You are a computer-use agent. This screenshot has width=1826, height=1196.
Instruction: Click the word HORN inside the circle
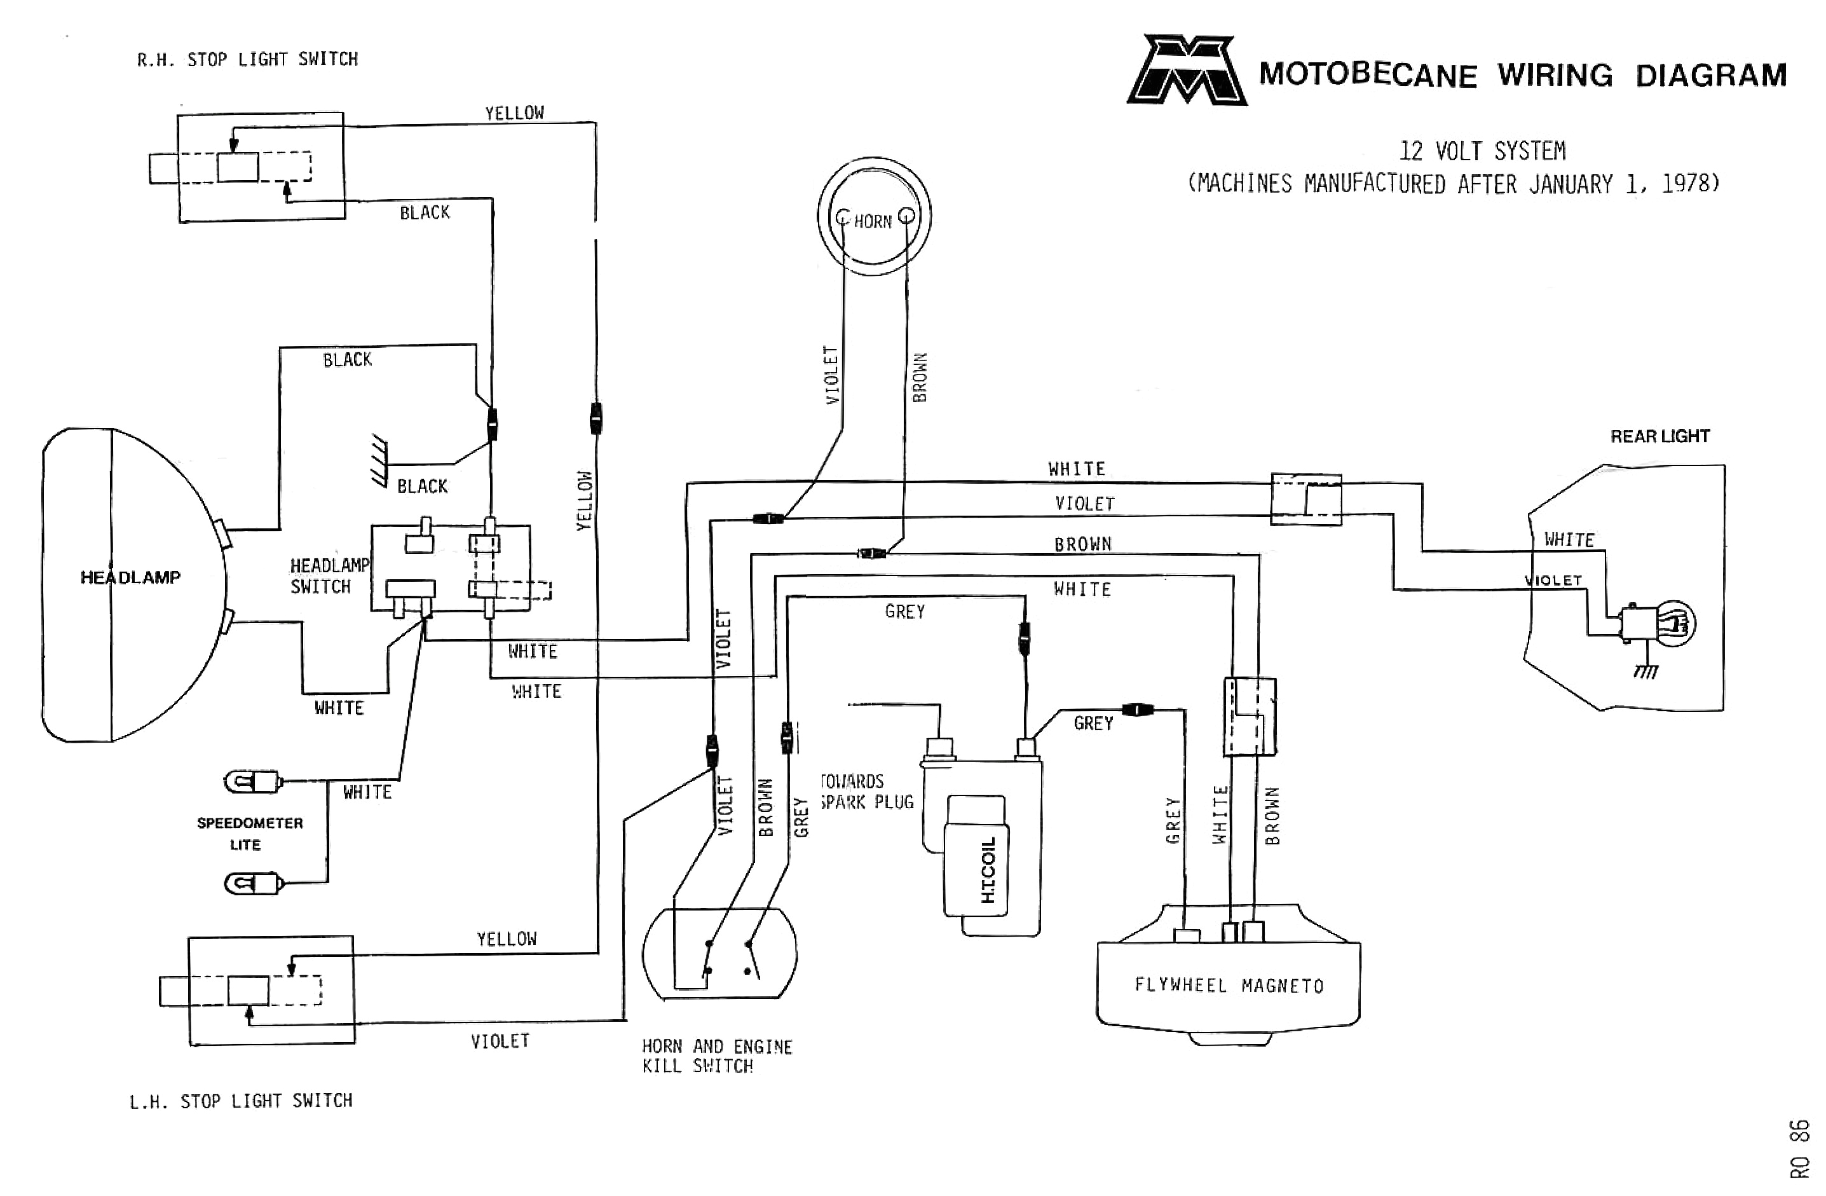[873, 222]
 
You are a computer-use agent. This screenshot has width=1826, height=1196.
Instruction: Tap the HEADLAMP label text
[130, 577]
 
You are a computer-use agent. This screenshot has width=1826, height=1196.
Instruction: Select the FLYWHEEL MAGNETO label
[1229, 986]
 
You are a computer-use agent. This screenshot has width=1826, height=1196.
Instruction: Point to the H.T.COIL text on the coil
[988, 870]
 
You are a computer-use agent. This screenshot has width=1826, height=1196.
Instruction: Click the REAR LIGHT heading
[1659, 436]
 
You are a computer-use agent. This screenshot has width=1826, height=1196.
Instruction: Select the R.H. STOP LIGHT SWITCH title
[247, 59]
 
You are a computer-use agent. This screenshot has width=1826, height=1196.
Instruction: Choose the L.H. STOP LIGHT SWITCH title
[241, 1101]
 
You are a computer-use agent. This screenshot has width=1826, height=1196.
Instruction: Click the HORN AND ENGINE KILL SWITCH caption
[716, 1056]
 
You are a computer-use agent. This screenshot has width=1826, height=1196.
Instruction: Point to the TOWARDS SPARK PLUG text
[866, 792]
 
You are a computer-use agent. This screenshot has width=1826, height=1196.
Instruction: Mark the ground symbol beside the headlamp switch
[379, 460]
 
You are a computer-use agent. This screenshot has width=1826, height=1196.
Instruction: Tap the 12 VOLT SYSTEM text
[1482, 151]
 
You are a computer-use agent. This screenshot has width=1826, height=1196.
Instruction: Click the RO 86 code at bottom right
[1799, 1148]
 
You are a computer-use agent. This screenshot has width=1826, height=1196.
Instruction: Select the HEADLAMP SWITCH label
[329, 575]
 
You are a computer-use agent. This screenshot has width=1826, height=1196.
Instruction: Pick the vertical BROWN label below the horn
[919, 377]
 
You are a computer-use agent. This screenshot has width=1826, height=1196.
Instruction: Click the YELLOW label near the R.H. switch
[514, 113]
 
